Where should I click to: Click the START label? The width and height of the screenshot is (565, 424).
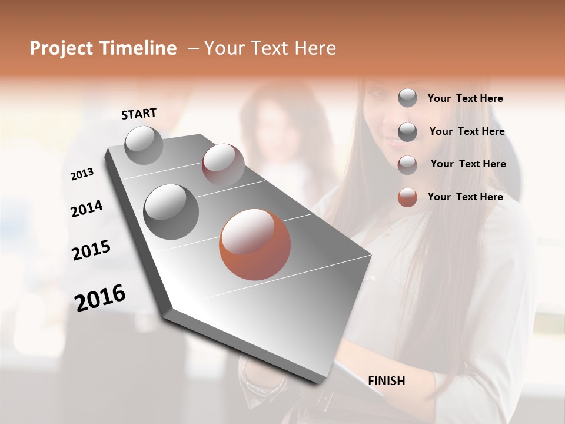[139, 113]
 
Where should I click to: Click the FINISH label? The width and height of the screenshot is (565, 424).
[386, 381]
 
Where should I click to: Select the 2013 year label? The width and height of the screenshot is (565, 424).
[82, 174]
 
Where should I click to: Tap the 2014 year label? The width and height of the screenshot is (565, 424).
[87, 208]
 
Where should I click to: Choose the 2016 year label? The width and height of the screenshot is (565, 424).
[99, 298]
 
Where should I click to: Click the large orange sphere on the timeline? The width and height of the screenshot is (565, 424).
[254, 244]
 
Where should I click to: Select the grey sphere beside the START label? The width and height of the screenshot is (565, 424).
[144, 145]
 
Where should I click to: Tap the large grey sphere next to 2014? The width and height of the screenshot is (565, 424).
[171, 211]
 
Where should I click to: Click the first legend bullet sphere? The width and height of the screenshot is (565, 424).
[407, 98]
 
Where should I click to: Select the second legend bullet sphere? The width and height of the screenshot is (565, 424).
[407, 131]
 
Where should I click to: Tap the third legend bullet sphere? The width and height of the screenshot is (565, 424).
[407, 164]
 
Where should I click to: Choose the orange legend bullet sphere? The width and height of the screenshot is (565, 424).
[407, 197]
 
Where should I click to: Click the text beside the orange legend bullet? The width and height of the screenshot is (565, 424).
[465, 197]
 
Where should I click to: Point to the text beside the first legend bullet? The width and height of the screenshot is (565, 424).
[465, 98]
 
